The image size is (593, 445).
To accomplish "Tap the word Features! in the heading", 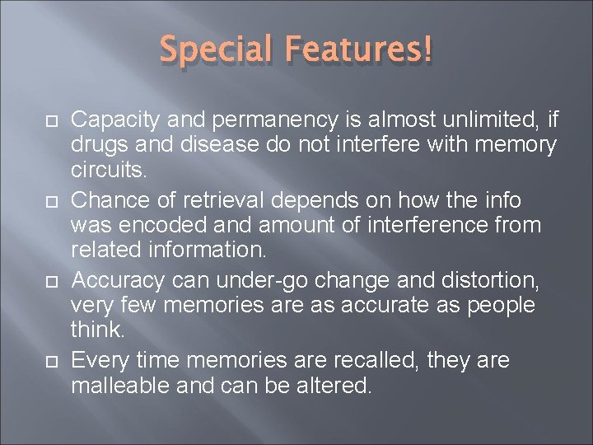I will coord(358,52).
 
